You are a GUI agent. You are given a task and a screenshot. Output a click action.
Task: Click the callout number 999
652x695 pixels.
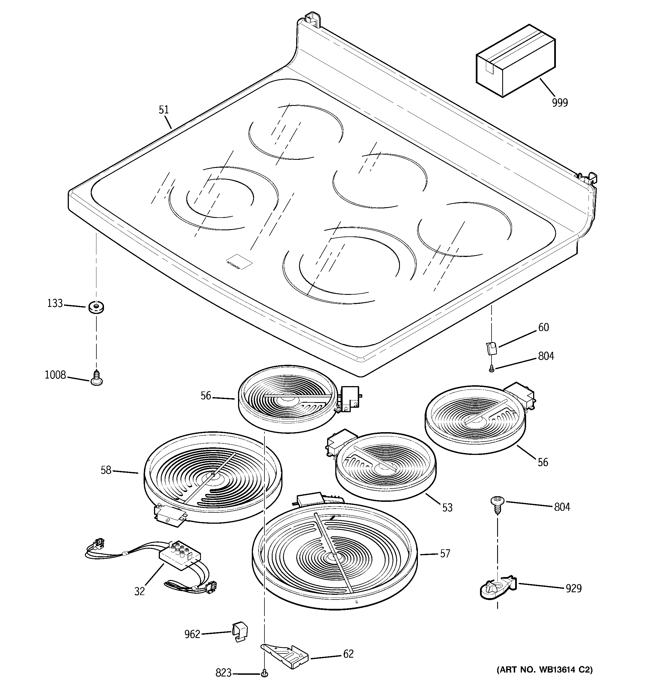[x=560, y=102]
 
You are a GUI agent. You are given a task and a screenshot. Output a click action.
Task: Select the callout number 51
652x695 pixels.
[x=164, y=110]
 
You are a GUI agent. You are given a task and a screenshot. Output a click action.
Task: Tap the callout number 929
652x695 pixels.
[x=574, y=588]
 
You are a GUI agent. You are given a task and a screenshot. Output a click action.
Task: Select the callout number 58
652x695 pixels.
[x=106, y=470]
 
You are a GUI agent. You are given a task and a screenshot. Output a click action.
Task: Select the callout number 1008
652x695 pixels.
[x=55, y=375]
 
